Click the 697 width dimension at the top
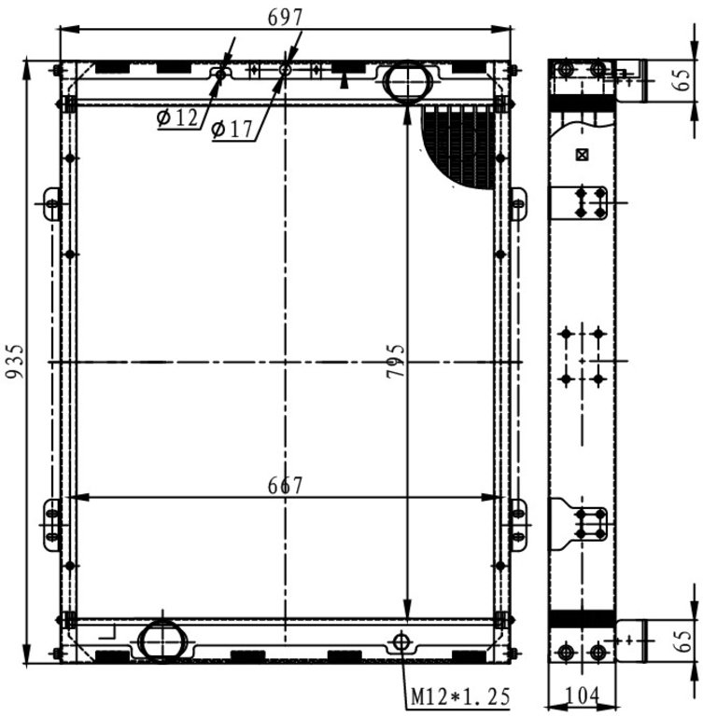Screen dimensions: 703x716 tap(285, 18)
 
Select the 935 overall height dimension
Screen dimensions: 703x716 tap(14, 362)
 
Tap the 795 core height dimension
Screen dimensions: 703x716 tap(396, 361)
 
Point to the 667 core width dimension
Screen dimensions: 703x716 tap(285, 486)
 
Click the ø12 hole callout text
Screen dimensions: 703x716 tap(177, 117)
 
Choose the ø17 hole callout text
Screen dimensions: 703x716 tap(232, 130)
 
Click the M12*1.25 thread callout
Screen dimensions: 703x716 tap(460, 696)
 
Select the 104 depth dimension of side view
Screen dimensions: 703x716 tap(583, 696)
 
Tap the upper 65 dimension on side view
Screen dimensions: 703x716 tap(682, 80)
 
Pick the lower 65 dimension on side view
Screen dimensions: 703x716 tap(682, 641)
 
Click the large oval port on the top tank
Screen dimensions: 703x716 tap(408, 83)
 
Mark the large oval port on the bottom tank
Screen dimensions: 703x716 tap(162, 640)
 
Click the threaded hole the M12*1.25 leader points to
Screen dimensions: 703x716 tap(401, 641)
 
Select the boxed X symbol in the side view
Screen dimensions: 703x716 tap(582, 156)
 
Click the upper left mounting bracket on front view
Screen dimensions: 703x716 tap(52, 203)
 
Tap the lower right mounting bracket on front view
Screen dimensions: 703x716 tap(517, 525)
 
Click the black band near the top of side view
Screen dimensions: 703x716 tap(583, 103)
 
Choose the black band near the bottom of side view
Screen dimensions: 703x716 tap(583, 619)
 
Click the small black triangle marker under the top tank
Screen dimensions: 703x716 tap(344, 82)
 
